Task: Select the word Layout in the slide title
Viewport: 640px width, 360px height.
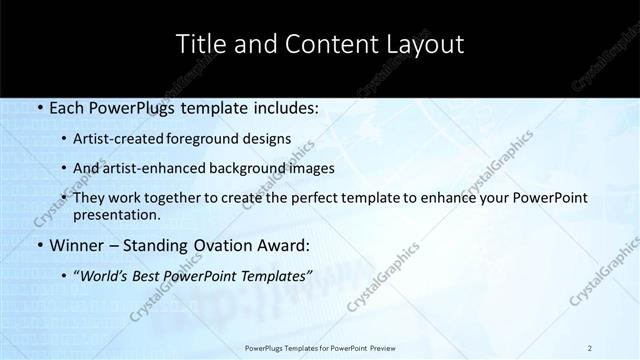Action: point(424,45)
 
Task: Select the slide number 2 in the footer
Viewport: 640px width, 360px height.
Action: point(590,347)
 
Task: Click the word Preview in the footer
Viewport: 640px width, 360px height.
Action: point(378,347)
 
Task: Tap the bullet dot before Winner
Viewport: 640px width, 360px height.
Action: point(38,245)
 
